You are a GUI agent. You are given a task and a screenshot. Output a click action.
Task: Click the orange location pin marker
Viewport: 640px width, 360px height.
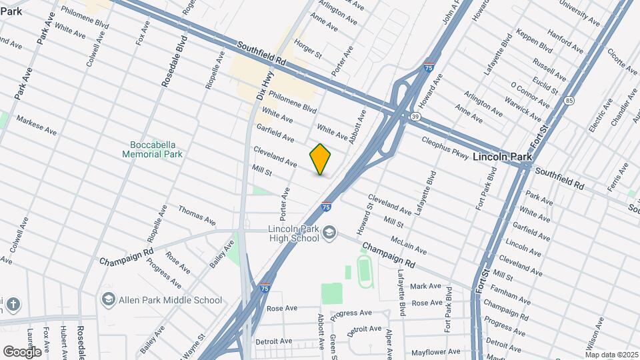(x=321, y=159)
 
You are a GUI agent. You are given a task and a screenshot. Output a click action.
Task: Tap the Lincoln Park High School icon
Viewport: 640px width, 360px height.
(x=329, y=232)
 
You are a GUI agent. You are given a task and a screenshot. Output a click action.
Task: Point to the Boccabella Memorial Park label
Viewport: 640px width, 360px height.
(x=152, y=149)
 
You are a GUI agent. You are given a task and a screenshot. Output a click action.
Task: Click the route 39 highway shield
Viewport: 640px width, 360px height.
(x=415, y=117)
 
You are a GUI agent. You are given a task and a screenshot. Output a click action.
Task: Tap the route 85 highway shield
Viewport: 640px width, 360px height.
(x=567, y=101)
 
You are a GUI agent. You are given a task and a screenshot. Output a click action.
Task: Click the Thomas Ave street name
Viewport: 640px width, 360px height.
(x=197, y=214)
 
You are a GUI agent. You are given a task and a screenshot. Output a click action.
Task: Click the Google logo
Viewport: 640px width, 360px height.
(x=22, y=351)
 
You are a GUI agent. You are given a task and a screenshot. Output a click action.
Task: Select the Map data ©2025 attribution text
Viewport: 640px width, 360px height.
(x=611, y=355)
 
